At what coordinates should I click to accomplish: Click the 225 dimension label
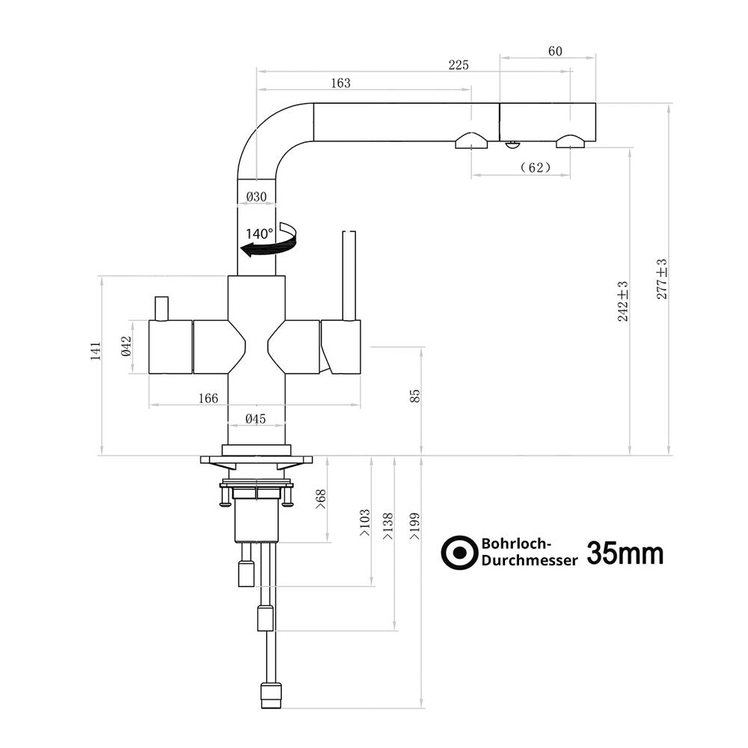pyautogui.click(x=459, y=65)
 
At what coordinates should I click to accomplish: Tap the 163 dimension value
pyautogui.click(x=340, y=83)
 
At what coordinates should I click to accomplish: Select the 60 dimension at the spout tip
pyautogui.click(x=555, y=51)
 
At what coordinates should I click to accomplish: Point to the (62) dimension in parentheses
pyautogui.click(x=536, y=168)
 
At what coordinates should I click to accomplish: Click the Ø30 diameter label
pyautogui.click(x=257, y=197)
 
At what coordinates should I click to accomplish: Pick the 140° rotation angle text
pyautogui.click(x=260, y=233)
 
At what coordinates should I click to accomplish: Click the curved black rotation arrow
pyautogui.click(x=270, y=240)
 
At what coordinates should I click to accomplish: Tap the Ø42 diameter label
pyautogui.click(x=126, y=346)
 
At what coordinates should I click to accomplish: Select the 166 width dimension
pyautogui.click(x=208, y=399)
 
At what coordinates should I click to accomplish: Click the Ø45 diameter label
pyautogui.click(x=256, y=419)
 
